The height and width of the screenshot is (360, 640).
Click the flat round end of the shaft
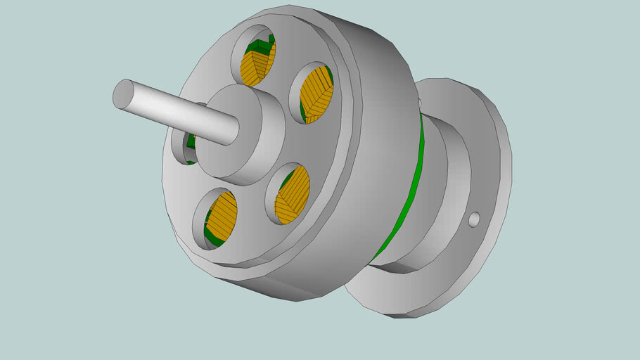[124, 94]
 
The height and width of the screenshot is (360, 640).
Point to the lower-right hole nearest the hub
[288, 194]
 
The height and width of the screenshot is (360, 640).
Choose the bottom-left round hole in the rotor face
[216, 218]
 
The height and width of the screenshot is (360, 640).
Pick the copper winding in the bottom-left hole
[223, 214]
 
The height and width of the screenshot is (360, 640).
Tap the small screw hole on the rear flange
[474, 220]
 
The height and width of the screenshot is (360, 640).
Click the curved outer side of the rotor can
[373, 162]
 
